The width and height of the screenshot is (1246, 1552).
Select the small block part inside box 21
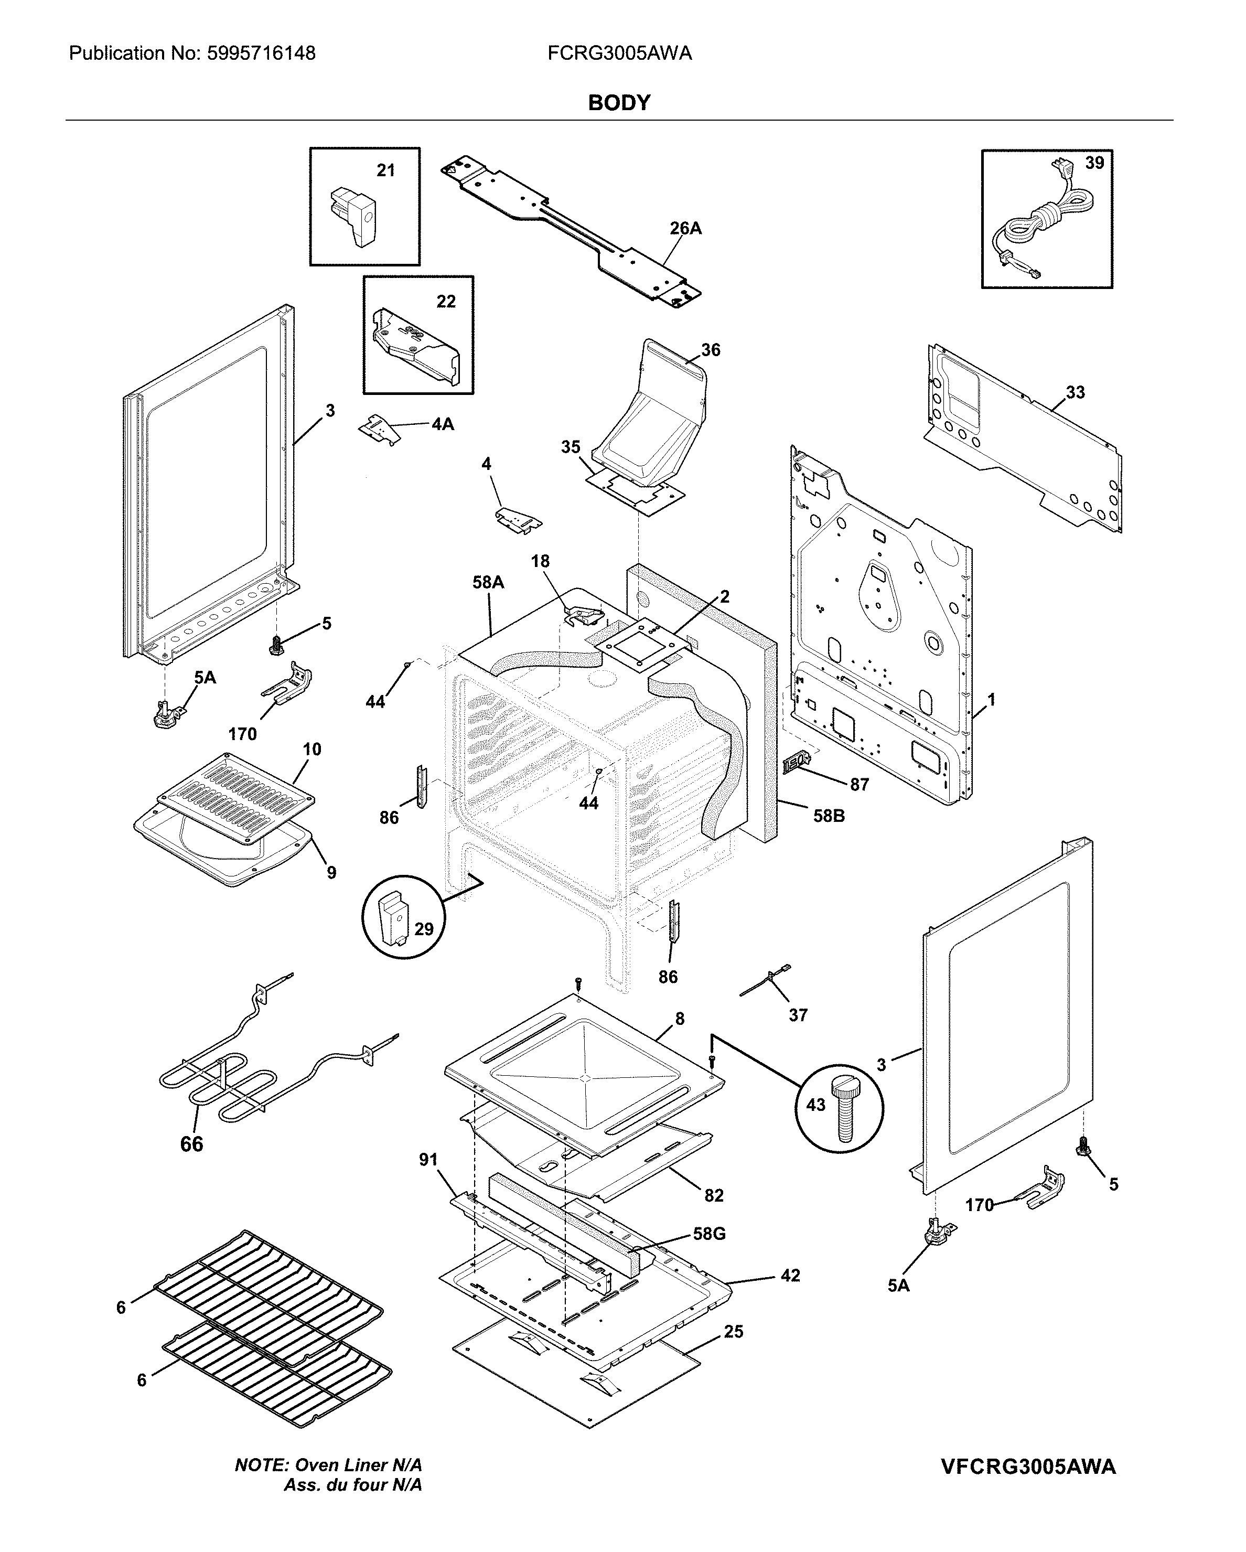[353, 215]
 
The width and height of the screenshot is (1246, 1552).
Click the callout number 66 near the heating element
[191, 1144]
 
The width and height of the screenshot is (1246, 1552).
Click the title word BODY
[619, 103]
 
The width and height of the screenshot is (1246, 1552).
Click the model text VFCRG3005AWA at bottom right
[1028, 1467]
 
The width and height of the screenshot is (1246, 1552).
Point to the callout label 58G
[708, 1234]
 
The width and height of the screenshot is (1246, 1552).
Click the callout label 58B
[829, 816]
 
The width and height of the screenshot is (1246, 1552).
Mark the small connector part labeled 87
[798, 762]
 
